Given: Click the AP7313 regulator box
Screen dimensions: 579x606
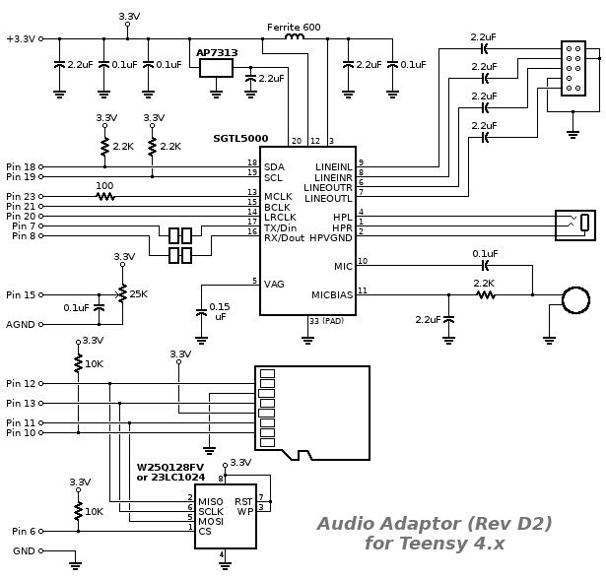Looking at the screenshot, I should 216,68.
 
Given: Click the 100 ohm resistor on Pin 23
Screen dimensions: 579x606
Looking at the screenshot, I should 104,195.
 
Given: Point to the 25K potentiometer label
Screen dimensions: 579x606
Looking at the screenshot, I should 139,293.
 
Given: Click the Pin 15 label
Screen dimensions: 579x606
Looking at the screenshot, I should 21,294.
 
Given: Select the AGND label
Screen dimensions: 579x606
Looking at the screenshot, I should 21,324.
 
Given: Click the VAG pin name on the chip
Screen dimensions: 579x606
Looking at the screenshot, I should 275,284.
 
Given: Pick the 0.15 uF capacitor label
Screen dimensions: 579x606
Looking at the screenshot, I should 220,311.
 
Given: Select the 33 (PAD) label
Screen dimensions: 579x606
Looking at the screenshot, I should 327,322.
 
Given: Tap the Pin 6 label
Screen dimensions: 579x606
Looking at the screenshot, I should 21,532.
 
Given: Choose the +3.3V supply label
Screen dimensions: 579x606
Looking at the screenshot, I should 21,38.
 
